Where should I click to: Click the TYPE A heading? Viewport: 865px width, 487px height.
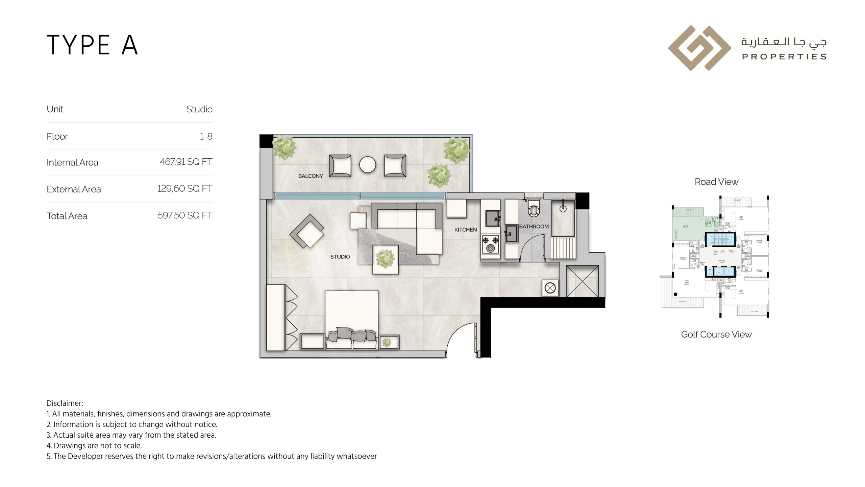92,45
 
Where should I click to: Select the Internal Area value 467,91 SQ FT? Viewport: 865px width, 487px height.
186,162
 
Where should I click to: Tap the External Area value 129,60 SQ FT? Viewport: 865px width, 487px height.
184,189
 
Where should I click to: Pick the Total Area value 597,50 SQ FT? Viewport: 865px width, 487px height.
185,215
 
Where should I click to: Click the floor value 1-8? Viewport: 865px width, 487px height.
206,136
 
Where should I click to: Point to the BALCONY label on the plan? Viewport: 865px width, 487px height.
310,176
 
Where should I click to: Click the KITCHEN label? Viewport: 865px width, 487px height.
465,230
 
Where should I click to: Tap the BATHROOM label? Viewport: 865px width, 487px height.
534,227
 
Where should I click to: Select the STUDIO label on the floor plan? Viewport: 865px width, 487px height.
340,257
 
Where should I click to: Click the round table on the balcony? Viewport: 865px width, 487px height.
367,165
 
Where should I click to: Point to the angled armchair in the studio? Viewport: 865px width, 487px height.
307,231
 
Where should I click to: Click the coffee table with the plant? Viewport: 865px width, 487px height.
385,259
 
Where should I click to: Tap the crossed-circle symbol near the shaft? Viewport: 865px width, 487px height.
550,288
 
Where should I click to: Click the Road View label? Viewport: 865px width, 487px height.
716,182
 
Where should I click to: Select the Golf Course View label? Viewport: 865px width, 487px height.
716,334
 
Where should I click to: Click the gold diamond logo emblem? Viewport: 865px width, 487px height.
699,48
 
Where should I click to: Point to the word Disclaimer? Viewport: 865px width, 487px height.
65,403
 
